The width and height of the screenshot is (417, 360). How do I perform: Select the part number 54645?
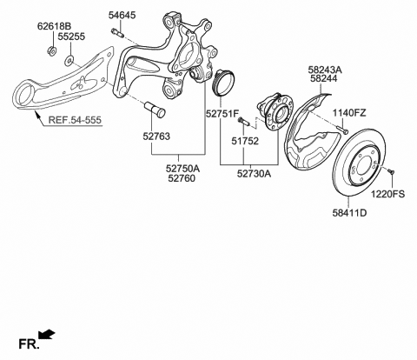[x=122, y=16]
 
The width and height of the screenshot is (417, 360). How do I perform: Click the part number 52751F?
[x=222, y=113]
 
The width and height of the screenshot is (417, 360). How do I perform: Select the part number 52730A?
[x=253, y=174]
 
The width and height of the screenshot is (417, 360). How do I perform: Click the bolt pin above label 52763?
[x=157, y=111]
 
